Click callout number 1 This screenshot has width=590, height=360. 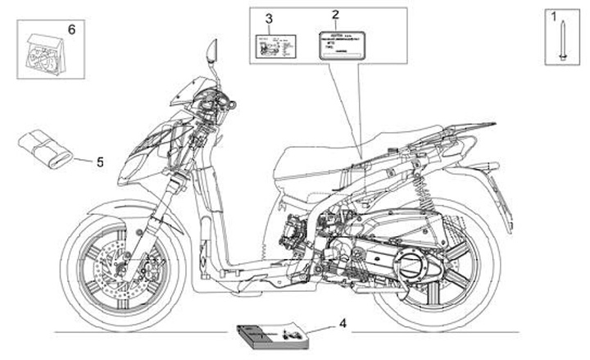pyautogui.click(x=553, y=16)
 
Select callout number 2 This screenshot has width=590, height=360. pyautogui.click(x=334, y=15)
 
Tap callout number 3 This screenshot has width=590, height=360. pyautogui.click(x=269, y=18)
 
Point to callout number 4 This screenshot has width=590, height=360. pyautogui.click(x=343, y=323)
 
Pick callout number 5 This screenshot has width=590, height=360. pyautogui.click(x=100, y=162)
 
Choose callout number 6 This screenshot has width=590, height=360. pyautogui.click(x=70, y=29)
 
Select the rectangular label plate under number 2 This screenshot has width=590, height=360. pyautogui.click(x=336, y=46)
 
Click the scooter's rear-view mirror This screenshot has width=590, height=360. pyautogui.click(x=211, y=51)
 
